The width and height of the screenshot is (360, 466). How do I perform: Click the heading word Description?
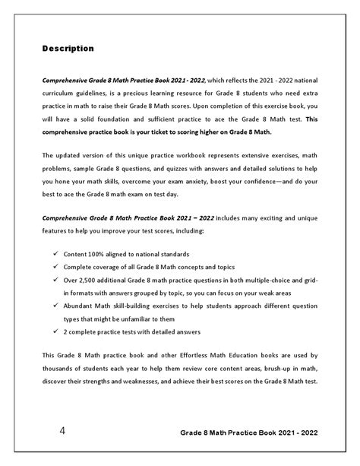(x=68, y=49)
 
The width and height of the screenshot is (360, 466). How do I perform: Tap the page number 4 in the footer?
(x=62, y=432)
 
